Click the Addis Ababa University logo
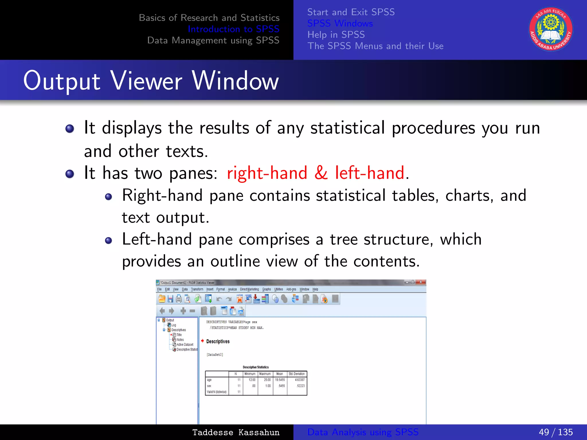pos(551,29)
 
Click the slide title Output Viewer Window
pos(151,81)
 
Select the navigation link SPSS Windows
pos(340,23)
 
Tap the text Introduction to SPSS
pos(233,29)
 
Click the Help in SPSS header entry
pos(336,35)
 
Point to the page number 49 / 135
pos(555,432)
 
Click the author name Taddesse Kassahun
pos(236,432)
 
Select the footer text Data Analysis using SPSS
pos(363,432)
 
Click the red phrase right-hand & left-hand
pos(316,173)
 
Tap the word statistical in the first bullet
pos(347,128)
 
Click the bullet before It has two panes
pos(70,174)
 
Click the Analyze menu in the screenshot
pos(232,289)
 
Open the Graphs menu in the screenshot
pos(266,289)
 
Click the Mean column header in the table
pos(279,374)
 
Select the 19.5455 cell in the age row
pos(280,380)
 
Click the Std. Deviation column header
pos(297,374)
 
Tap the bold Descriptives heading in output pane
pos(218,341)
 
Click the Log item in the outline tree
pos(173,325)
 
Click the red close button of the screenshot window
pos(420,282)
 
